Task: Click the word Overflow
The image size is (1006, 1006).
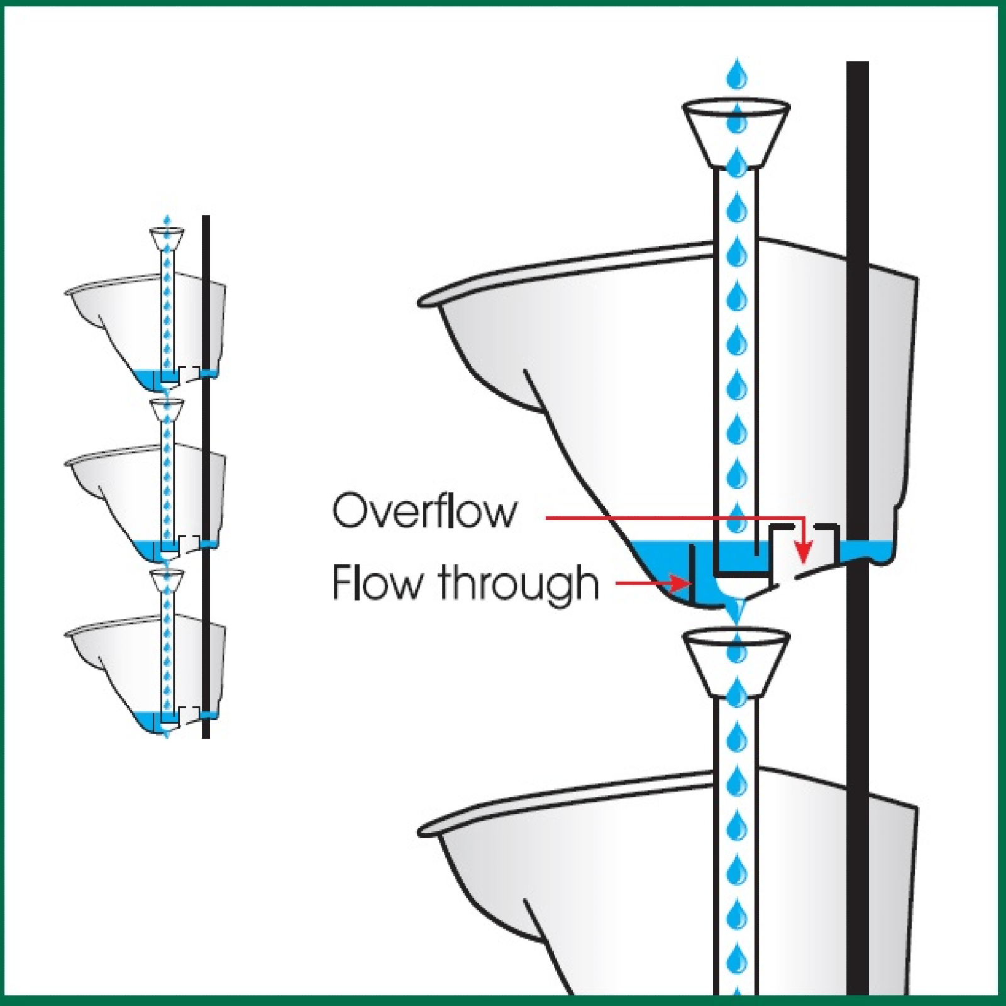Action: coord(424,511)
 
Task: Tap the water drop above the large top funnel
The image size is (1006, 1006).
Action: coord(736,74)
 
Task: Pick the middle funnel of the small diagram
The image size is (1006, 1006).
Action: coord(167,409)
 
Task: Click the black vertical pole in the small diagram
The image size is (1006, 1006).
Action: coord(206,478)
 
